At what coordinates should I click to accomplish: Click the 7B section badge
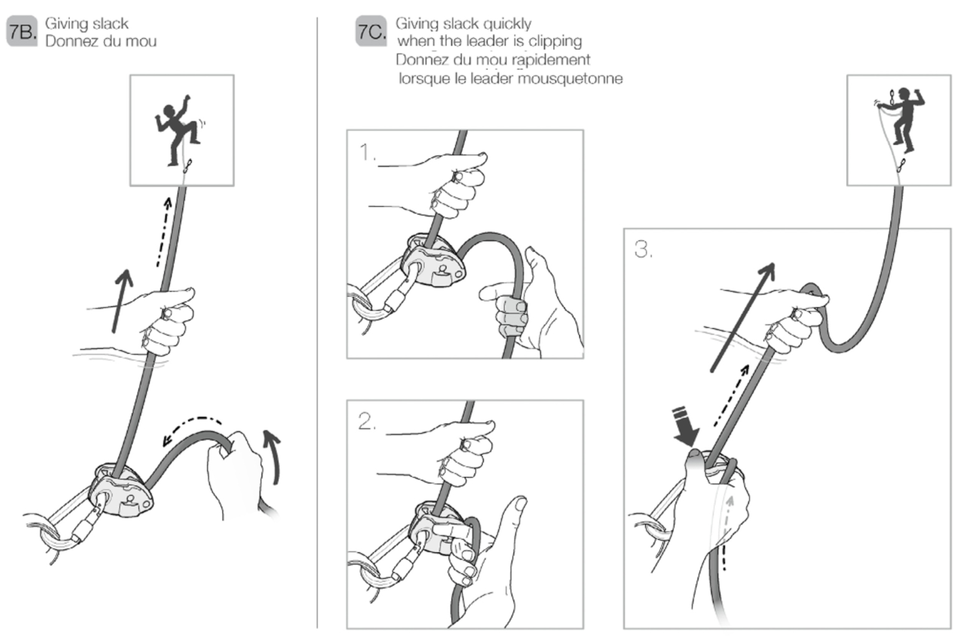pos(22,32)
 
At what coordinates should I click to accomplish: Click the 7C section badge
pos(371,32)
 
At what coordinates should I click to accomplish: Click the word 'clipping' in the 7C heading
pos(555,41)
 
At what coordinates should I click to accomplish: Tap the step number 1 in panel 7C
pos(367,152)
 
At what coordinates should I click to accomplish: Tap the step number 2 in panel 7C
pos(367,422)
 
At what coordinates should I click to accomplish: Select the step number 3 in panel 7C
pos(643,249)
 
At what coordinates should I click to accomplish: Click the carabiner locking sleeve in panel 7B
pos(87,527)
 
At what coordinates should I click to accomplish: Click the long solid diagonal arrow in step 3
pos(742,318)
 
